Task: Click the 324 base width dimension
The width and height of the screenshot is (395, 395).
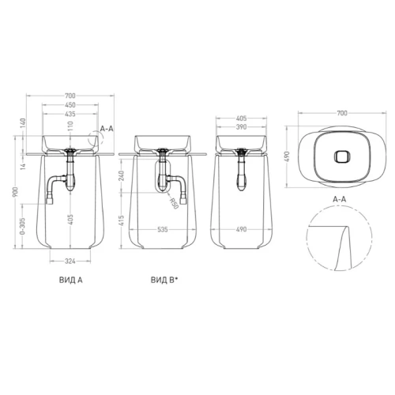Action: click(x=70, y=261)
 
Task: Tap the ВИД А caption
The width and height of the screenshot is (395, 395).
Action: click(x=71, y=280)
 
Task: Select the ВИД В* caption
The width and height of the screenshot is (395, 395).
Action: click(x=164, y=280)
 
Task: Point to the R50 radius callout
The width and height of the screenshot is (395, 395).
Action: click(x=174, y=204)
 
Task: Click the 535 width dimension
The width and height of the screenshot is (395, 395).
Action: click(x=163, y=230)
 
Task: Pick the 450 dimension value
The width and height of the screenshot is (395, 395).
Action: click(x=70, y=105)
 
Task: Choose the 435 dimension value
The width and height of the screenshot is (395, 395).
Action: click(x=70, y=114)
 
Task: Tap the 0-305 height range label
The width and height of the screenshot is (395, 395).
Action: click(x=23, y=226)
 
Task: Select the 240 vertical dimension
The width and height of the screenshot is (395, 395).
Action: click(x=122, y=176)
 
